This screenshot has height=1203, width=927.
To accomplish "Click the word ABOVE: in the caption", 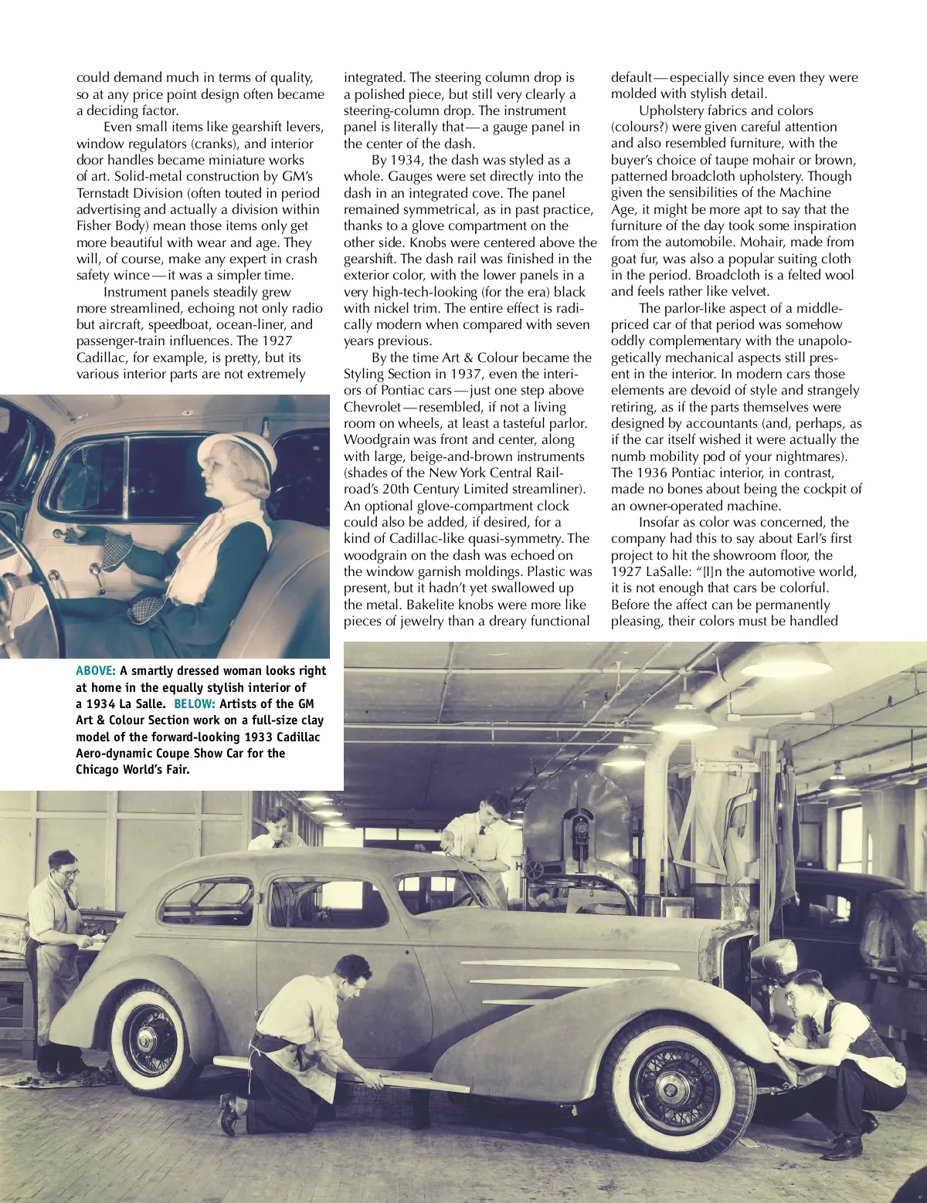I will coord(96,671).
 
